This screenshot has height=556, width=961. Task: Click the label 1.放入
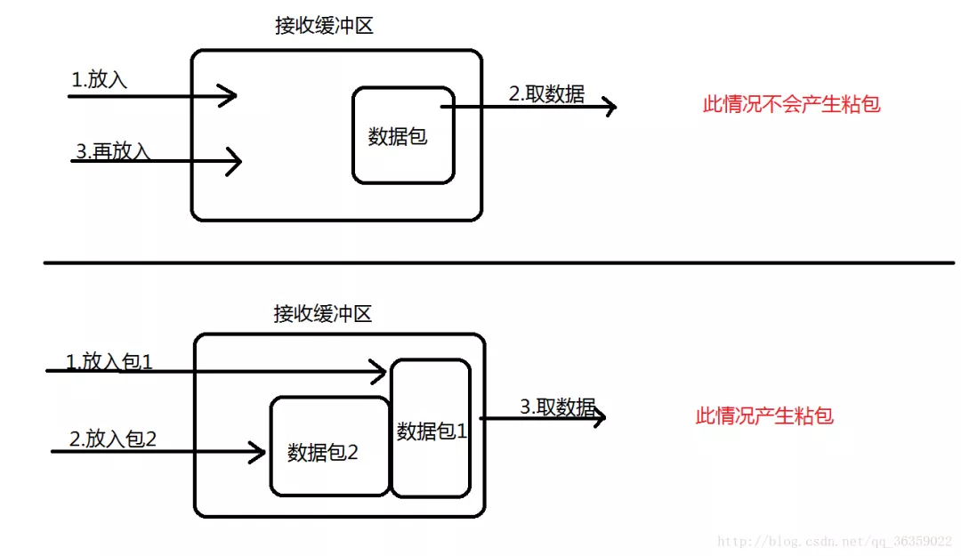pos(100,80)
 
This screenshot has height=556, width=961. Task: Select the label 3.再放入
pos(113,151)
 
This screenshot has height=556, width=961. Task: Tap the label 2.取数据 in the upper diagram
pos(546,94)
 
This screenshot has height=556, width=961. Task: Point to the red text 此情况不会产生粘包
pos(791,104)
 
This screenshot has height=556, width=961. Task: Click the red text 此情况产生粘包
pos(764,415)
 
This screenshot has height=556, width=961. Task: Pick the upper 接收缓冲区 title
pos(324,26)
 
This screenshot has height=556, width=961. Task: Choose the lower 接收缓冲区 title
pos(322,314)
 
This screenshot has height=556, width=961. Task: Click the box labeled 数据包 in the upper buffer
pos(403,135)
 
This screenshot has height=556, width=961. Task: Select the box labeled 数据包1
pos(431,429)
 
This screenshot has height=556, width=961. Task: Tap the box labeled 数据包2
pos(329,447)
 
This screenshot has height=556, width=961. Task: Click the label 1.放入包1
pos(109,362)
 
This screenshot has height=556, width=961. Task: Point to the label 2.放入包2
pos(113,439)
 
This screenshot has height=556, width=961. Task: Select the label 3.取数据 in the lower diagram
pos(557,407)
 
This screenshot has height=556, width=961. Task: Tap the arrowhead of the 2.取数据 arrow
pos(610,107)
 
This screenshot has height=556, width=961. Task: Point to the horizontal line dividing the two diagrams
pos(498,262)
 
